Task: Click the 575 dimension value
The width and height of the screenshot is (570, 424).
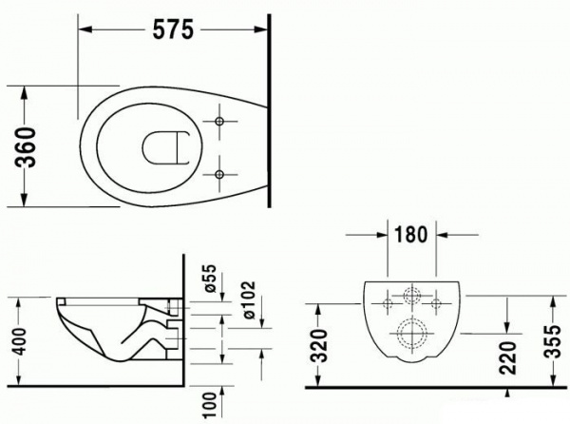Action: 173,29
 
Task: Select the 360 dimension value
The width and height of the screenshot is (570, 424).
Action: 27,147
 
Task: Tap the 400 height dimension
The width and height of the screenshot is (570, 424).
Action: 19,341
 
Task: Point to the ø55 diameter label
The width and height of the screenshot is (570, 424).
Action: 210,279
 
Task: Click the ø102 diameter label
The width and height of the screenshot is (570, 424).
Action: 249,299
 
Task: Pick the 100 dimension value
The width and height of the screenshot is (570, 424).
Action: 210,405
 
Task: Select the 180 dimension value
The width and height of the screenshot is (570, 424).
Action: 411,235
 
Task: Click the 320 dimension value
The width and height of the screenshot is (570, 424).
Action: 320,345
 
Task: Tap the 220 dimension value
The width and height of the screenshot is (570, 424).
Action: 508,357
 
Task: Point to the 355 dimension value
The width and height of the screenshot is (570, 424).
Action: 554,341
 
